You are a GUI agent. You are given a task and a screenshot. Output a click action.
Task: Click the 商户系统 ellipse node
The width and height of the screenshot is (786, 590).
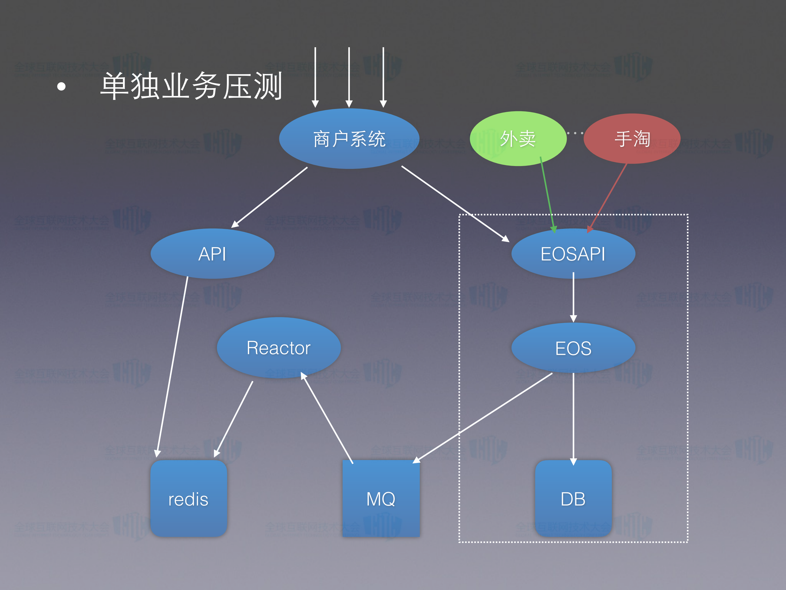[x=349, y=139]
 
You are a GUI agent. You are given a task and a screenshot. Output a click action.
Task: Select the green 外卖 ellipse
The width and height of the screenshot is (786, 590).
[x=518, y=139]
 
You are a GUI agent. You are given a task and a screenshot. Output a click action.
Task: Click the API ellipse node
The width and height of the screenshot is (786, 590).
[x=212, y=254]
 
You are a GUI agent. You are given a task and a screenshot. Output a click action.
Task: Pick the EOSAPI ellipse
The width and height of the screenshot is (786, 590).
[x=573, y=254]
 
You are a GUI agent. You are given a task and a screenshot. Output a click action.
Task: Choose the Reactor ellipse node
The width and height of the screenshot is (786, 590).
[x=279, y=347]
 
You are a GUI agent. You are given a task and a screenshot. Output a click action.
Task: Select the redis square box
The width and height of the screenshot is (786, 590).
[x=188, y=499]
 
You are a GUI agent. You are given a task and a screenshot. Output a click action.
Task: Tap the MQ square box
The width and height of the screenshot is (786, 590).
[x=381, y=499]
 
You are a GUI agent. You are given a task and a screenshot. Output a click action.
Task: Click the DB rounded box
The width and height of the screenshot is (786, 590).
[x=573, y=499]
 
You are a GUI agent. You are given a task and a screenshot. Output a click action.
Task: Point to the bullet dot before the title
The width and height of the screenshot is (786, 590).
[x=61, y=86]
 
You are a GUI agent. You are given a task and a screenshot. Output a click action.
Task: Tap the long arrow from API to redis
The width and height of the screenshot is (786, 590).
[x=172, y=366]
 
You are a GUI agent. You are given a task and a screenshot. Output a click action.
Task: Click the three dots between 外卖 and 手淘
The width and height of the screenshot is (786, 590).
[x=575, y=133]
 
